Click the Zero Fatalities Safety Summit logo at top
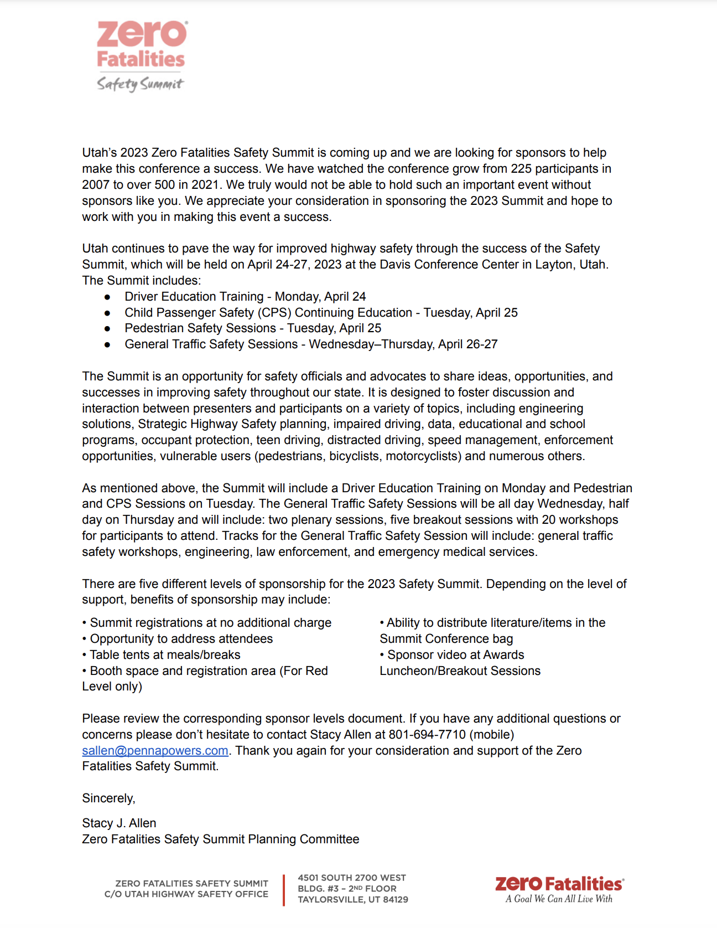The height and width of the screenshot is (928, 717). coord(142,55)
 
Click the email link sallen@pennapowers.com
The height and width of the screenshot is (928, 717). coord(155,751)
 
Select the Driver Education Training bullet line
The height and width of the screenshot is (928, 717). coord(245,297)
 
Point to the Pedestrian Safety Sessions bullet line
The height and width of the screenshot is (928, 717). coord(253,328)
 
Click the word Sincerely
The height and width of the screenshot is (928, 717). coord(108,798)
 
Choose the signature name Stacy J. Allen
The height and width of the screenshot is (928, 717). coord(119,823)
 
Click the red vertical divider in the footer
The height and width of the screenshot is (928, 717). coord(284,890)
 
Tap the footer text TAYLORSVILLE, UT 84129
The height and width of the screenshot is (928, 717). coord(353,900)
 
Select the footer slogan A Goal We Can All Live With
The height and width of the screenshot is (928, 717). coord(559,899)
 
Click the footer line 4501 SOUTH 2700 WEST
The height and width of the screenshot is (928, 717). coord(352,878)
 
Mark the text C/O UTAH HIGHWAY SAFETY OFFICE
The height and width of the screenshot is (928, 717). coord(186,894)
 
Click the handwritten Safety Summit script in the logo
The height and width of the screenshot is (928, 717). coord(140,84)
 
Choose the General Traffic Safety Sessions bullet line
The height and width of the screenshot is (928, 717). coord(311,344)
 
